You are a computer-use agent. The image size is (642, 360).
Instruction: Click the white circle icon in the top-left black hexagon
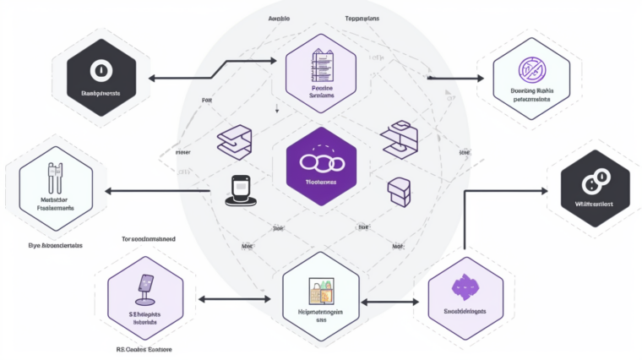point(100,68)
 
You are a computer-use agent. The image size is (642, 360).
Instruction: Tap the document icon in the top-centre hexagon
point(321,65)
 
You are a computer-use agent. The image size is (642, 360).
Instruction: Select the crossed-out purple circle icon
point(531,71)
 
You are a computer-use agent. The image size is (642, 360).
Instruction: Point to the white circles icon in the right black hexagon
point(596,180)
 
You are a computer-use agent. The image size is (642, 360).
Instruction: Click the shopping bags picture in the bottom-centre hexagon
point(321,292)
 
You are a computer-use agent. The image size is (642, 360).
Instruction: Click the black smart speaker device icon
point(244,191)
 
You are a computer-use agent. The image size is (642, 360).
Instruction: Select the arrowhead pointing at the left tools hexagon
point(107,190)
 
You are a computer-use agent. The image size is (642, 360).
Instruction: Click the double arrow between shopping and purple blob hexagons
point(389,301)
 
